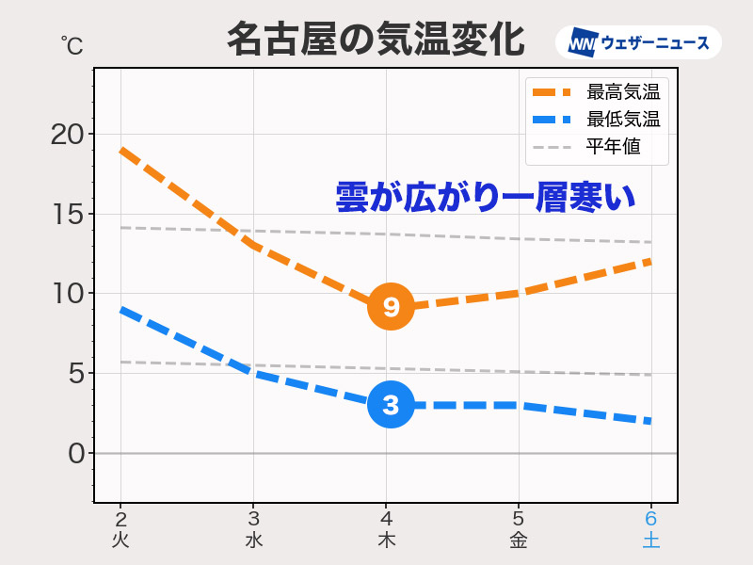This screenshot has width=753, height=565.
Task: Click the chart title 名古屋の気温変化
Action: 375,40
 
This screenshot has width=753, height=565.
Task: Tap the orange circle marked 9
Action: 391,306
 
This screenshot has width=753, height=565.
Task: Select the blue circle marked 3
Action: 391,405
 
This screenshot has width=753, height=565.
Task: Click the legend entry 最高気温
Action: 622,92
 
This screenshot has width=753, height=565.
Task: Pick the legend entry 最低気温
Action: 622,120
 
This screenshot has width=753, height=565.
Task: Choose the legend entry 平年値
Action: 613,147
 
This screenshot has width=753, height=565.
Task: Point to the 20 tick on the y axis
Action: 66,134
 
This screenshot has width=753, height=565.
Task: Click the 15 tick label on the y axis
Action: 66,214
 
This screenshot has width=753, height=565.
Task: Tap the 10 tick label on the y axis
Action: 66,294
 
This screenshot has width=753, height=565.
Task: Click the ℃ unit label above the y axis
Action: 72,44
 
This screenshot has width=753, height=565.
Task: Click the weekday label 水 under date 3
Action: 253,541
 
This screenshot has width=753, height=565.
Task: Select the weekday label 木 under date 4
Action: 386,541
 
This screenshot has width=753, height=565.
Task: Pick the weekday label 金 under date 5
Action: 518,541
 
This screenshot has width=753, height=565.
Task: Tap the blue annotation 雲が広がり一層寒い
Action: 486,197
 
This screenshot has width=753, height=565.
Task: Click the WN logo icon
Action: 583,43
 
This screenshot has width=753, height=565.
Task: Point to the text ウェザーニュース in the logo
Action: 655,43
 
